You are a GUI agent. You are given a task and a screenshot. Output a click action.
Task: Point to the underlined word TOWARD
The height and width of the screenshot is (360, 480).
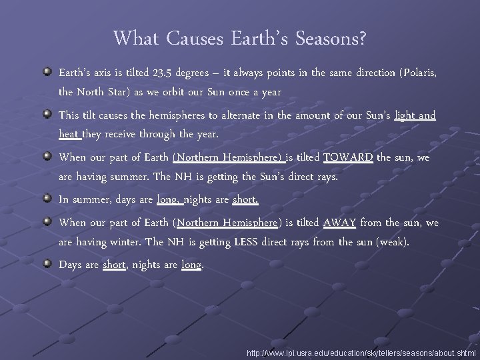(x=348, y=158)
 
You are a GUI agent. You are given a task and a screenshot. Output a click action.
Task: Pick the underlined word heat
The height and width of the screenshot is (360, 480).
(x=69, y=134)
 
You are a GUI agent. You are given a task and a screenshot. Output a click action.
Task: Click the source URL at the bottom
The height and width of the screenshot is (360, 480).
(x=361, y=352)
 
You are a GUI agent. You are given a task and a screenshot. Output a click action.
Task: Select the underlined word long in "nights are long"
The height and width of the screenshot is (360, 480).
(x=191, y=265)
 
